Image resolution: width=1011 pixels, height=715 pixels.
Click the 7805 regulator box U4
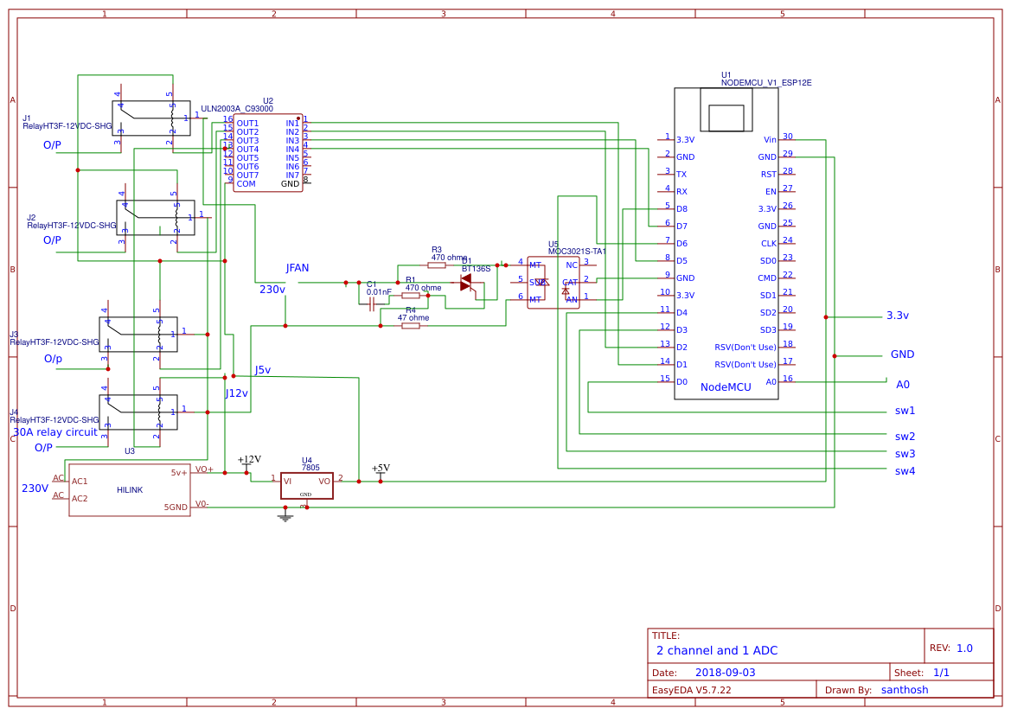coord(306,485)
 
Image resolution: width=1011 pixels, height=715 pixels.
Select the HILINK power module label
coord(130,490)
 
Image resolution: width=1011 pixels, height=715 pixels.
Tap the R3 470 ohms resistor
coord(437,265)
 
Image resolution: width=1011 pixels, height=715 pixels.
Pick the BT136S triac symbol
coord(467,283)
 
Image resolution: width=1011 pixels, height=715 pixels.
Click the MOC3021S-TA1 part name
coord(577,252)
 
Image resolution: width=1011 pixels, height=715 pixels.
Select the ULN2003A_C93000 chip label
coord(236,109)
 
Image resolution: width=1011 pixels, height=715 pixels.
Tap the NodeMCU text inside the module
coord(726,387)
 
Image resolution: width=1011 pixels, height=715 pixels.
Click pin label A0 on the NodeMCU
coord(771,381)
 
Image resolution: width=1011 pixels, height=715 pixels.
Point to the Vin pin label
coord(770,139)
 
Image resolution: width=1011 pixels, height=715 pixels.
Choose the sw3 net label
coord(905,453)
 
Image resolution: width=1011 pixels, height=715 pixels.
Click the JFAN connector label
coord(297,268)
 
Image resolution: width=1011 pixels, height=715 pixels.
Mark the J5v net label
coord(262,370)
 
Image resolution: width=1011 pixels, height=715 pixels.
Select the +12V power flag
coord(248,460)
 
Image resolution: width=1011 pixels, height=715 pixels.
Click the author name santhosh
coord(904,690)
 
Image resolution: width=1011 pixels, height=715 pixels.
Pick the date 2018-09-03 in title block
coord(725,672)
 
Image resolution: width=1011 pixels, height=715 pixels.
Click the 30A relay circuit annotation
coord(54,431)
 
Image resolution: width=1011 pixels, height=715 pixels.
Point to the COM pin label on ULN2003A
coord(246,183)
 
